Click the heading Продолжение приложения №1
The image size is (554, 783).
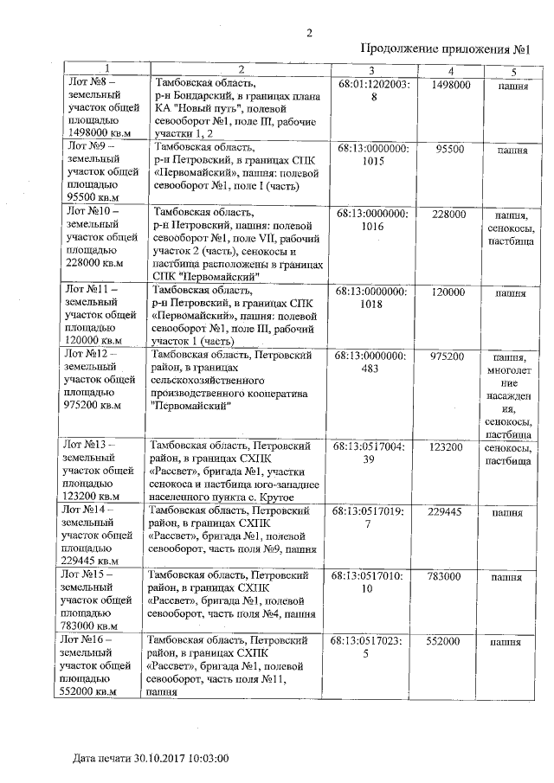coord(445,49)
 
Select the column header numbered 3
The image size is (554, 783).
coord(370,69)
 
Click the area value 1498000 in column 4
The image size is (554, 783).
coord(450,85)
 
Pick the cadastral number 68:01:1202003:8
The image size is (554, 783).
coord(374,92)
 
